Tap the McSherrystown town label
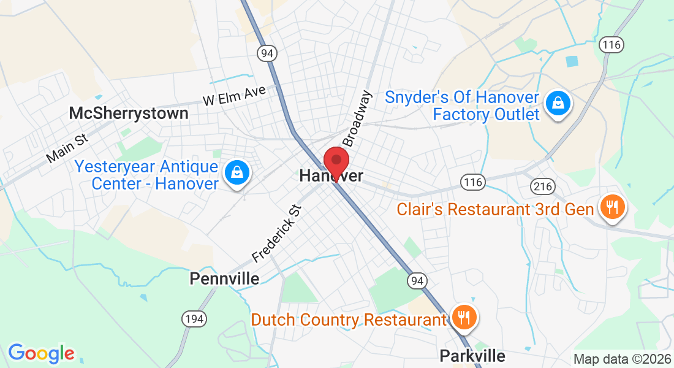[129, 113]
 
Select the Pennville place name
[224, 278]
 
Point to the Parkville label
[472, 356]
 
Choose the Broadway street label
[357, 118]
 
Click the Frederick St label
[278, 231]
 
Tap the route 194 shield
[194, 318]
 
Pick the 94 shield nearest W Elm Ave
[267, 53]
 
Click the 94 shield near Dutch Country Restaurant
[417, 281]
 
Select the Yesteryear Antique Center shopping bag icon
[236, 172]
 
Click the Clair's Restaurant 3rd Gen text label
[495, 209]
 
